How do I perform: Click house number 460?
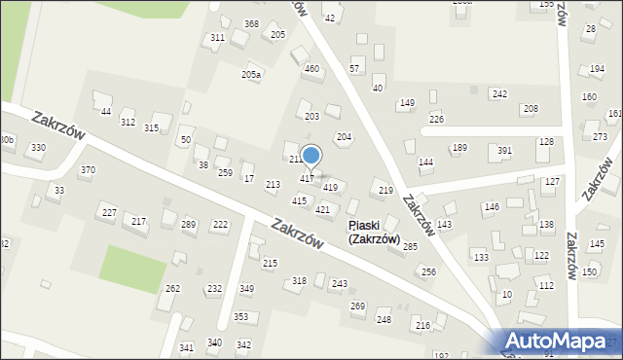pos(311,69)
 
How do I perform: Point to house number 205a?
pos(251,75)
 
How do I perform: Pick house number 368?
pos(251,24)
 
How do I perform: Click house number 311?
pos(217,38)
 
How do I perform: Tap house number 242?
pos(499,94)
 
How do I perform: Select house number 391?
pos(504,151)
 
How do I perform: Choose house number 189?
pos(459,148)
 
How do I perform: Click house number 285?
pos(410,247)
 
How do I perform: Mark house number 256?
pos(428,272)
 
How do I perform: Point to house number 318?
pos(299,281)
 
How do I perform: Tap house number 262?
pos(172,289)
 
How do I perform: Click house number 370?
pos(88,170)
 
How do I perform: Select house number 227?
pos(109,213)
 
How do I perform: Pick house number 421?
pos(322,210)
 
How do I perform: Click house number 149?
pos(407,103)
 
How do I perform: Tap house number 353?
pos(240,317)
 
